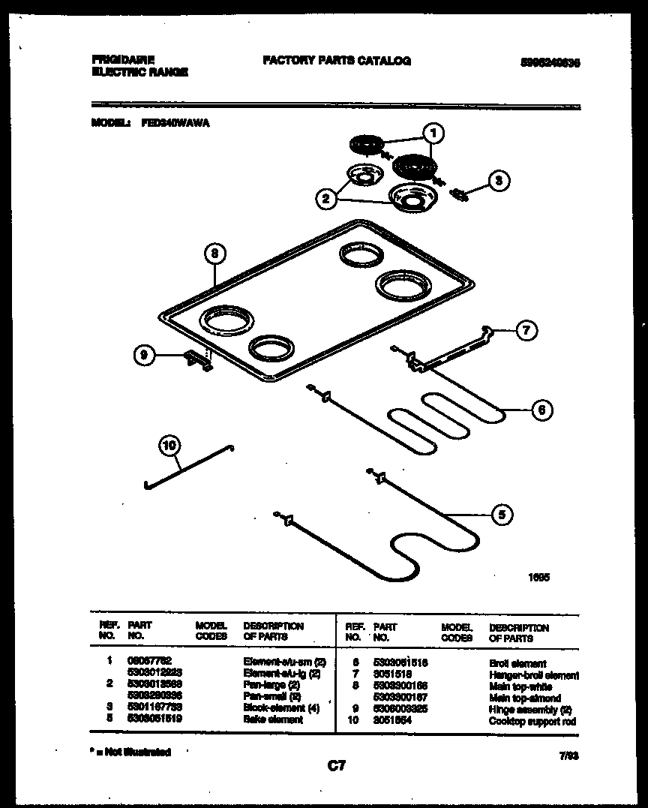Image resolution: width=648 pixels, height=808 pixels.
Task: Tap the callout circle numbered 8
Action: [x=214, y=254]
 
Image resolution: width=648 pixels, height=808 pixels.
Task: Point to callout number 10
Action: [x=170, y=446]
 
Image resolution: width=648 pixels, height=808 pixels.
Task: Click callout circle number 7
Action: [x=527, y=330]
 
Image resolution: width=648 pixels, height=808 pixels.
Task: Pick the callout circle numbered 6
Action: [x=541, y=410]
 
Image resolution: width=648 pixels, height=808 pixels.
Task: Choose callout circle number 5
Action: [x=502, y=515]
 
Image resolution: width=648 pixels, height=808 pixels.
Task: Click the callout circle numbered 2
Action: [x=325, y=199]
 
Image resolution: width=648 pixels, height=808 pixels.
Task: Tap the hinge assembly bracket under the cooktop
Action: [x=199, y=361]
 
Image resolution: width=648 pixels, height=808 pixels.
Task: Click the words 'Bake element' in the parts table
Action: [x=273, y=719]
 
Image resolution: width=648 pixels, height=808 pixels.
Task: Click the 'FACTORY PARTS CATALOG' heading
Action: [x=337, y=62]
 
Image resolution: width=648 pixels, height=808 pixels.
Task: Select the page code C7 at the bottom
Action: [x=337, y=766]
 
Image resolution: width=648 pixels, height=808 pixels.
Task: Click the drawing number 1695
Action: [x=538, y=578]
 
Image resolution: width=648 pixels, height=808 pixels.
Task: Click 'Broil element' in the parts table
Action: [x=517, y=664]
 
